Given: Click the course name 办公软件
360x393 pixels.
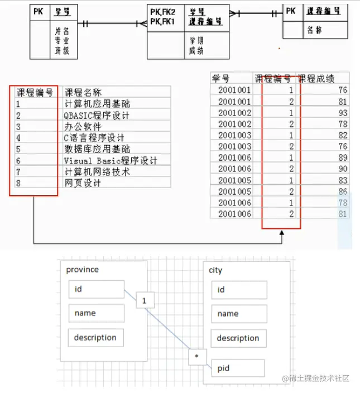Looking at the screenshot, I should [x=82, y=127].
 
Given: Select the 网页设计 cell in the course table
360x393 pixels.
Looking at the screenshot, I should [x=82, y=183].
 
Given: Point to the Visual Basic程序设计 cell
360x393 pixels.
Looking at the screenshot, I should [x=110, y=161].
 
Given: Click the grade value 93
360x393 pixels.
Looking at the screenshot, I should [x=342, y=113].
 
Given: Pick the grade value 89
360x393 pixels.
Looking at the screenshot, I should [x=342, y=157].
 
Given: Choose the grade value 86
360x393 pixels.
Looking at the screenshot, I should [x=342, y=191].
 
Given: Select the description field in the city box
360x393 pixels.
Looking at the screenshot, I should [x=238, y=338].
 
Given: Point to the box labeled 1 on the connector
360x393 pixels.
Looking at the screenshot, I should [x=145, y=301].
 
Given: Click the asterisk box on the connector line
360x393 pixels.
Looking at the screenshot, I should [x=196, y=356].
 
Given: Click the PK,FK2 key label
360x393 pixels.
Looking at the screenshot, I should [x=163, y=11].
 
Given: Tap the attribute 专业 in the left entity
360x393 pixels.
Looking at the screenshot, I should [x=61, y=41].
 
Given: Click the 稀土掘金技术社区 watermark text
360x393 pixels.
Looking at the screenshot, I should [x=319, y=378].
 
